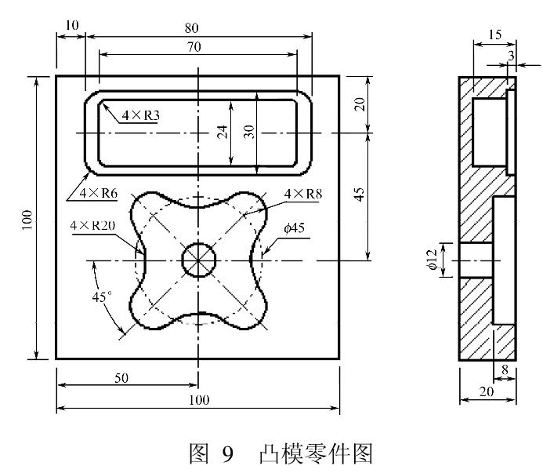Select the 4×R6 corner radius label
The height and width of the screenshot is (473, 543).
91,191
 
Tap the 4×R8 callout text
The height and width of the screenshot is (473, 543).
302,194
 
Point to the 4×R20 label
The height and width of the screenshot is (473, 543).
92,226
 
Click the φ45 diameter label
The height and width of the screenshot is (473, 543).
294,227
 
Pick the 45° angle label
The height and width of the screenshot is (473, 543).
102,298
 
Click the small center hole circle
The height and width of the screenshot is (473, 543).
199,260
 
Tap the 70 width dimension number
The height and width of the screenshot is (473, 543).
194,47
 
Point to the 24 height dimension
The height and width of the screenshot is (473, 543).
223,132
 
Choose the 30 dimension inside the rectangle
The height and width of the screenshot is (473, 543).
250,132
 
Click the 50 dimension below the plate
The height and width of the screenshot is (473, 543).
121,378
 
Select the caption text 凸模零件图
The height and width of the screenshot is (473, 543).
304,452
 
